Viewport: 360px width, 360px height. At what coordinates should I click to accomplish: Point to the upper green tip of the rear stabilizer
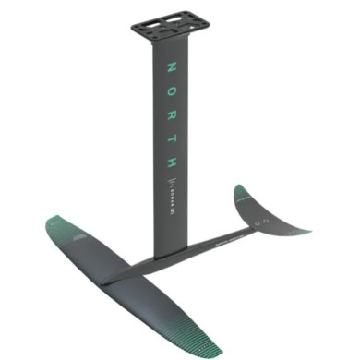241,192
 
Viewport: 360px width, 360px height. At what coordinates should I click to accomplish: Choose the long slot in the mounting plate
172,30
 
